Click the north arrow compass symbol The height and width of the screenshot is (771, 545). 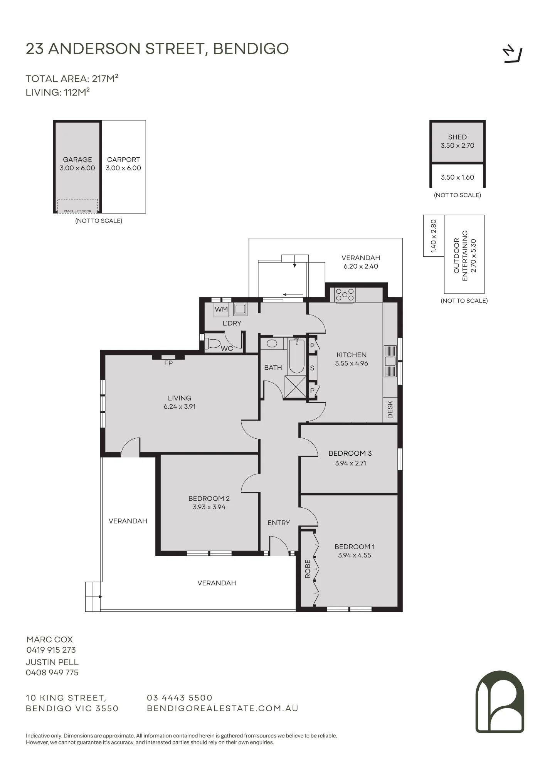[513, 55]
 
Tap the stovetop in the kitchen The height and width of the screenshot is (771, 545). [345, 295]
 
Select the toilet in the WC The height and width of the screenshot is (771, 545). [212, 343]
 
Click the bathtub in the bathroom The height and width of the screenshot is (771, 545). [297, 356]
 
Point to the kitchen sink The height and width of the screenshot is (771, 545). [390, 361]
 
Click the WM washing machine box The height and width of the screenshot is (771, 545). [221, 310]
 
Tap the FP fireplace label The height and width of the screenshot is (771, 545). [168, 363]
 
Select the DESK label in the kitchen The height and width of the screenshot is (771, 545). [390, 410]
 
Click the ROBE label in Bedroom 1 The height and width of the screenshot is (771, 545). [308, 569]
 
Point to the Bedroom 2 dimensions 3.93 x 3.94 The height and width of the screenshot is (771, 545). [209, 507]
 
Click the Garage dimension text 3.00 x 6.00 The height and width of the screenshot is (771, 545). [77, 168]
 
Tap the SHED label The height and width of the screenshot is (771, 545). [458, 137]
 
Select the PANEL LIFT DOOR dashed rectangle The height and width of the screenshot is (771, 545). [77, 206]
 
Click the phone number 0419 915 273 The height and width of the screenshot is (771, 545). [51, 650]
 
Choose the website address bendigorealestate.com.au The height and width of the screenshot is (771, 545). [223, 709]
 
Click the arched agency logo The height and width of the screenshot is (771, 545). [500, 701]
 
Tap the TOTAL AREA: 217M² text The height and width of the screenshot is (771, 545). [72, 79]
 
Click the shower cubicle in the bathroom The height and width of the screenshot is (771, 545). [295, 386]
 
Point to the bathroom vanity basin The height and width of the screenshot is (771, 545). [272, 343]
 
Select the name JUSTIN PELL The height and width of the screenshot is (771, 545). [52, 662]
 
